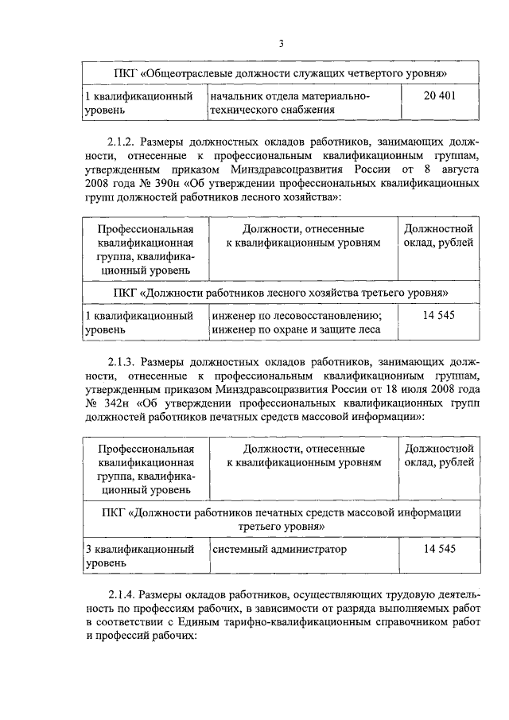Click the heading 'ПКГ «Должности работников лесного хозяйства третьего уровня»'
(x=282, y=293)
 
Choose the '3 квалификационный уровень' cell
(x=140, y=555)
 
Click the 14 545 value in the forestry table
(x=439, y=315)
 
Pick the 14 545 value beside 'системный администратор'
(x=439, y=549)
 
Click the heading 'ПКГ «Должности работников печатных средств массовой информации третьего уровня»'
(x=282, y=518)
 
